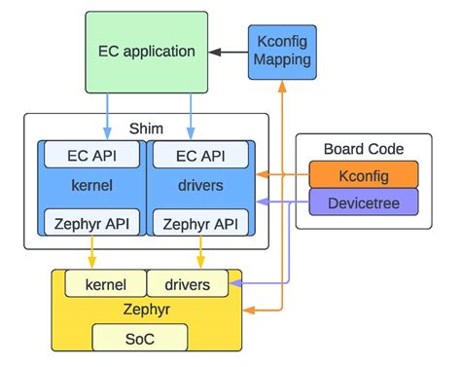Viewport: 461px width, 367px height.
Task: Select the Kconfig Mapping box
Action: (281, 51)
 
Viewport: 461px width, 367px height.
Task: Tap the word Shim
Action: (147, 128)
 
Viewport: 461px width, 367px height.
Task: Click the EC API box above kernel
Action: (93, 154)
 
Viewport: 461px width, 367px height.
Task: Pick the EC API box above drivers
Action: (199, 154)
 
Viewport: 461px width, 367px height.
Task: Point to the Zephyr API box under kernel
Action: (93, 222)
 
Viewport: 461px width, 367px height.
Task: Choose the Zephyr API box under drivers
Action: (199, 222)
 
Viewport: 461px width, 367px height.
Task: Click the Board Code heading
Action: (364, 149)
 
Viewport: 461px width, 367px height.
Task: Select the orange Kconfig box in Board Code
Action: (364, 175)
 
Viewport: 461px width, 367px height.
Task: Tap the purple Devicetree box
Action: (364, 202)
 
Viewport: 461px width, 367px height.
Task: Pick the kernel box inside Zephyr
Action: (105, 283)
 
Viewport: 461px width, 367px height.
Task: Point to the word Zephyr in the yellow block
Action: (147, 309)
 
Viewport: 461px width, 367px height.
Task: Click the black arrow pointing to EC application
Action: (228, 51)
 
